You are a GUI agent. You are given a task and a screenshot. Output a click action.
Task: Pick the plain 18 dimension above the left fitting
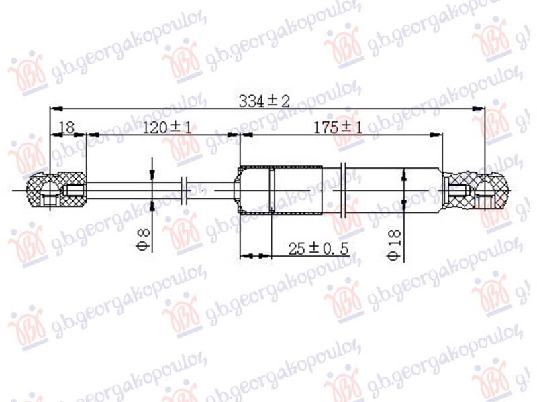click(66, 128)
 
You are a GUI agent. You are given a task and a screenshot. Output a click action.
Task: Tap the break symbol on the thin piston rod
click(186, 190)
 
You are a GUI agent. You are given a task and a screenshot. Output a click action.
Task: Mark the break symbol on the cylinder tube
click(346, 190)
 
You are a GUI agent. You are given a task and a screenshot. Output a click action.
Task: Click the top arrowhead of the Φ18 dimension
click(403, 176)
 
